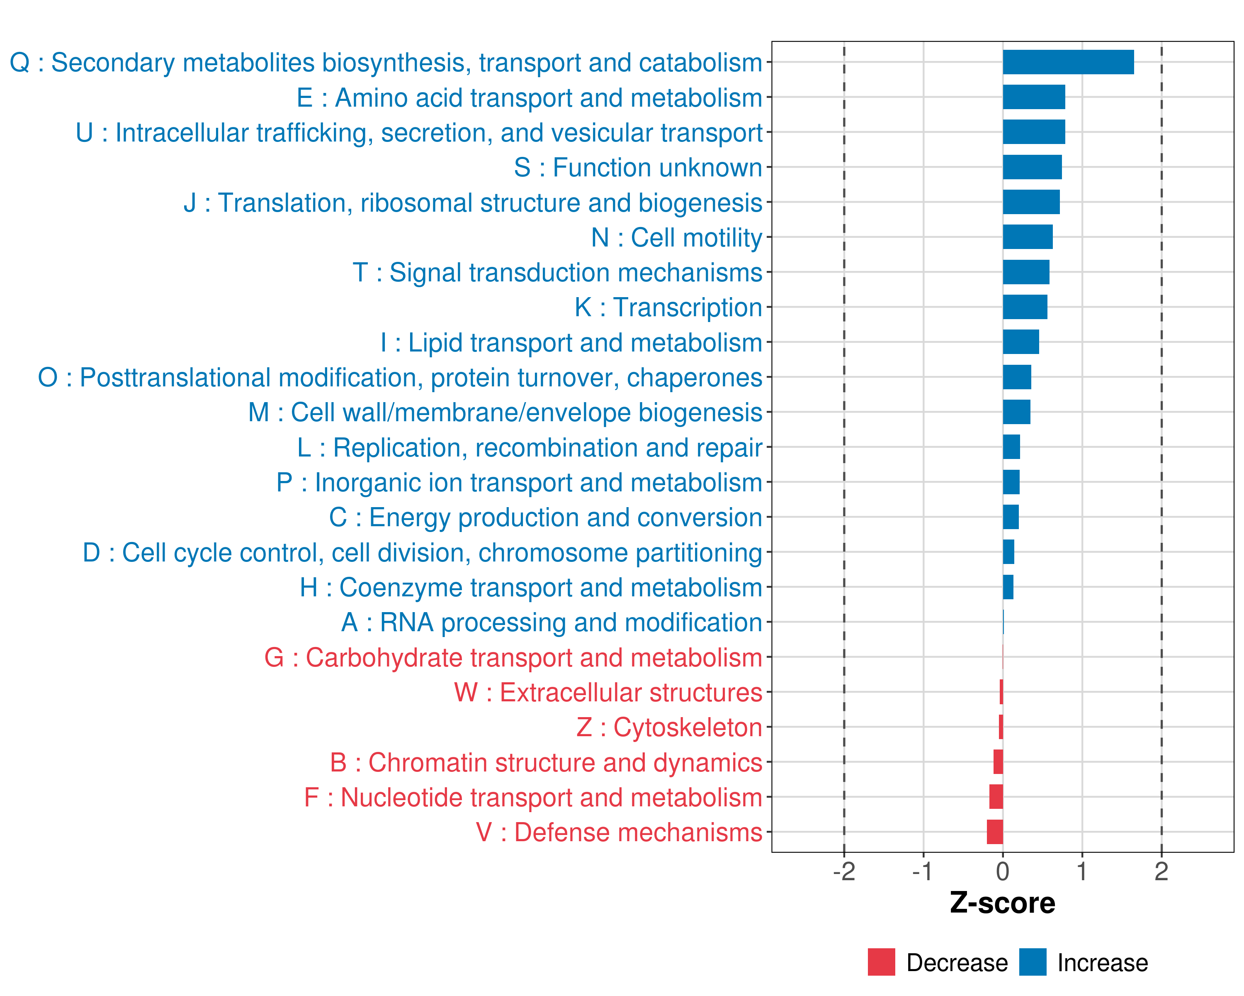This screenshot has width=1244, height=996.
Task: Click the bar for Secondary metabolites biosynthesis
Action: click(1068, 62)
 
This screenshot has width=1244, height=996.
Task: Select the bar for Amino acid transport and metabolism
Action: click(1034, 97)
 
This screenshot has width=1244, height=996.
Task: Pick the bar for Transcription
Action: click(1025, 307)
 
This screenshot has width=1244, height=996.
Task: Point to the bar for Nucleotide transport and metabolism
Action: click(996, 797)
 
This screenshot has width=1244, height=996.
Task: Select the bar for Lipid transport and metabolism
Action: click(1021, 342)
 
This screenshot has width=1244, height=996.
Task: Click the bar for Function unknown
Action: click(1032, 167)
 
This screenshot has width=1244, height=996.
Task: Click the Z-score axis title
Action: click(1003, 903)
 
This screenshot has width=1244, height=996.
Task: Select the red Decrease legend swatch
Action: click(881, 962)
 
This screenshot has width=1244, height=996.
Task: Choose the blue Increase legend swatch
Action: click(1033, 962)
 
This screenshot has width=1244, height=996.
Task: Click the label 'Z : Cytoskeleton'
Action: click(669, 727)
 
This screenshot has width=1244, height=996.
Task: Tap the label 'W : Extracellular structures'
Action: click(608, 692)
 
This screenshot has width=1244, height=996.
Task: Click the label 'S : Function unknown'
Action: click(638, 167)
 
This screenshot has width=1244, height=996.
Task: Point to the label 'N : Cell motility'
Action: click(677, 238)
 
